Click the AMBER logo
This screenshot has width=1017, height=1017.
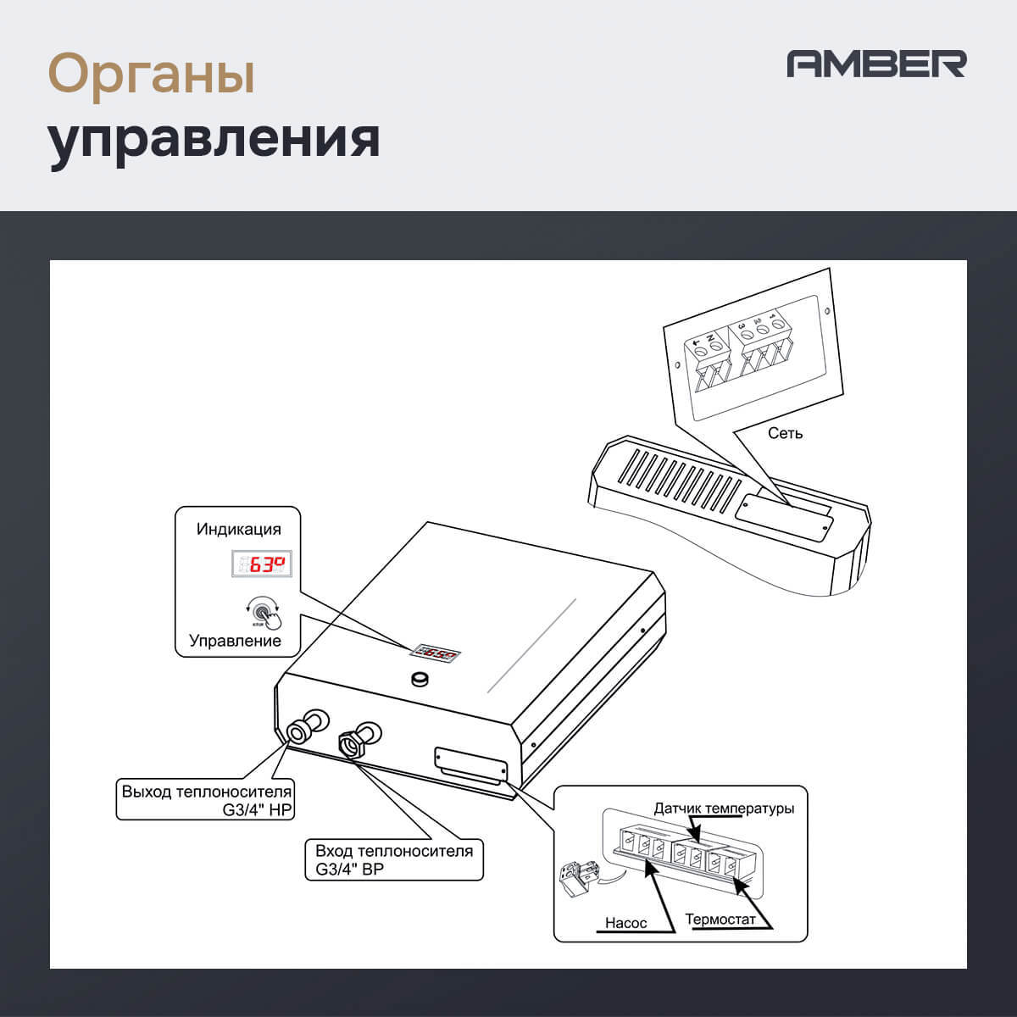click(x=876, y=64)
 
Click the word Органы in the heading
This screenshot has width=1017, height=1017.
click(x=152, y=74)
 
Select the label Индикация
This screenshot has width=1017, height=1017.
click(x=238, y=529)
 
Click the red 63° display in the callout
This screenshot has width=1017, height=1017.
click(x=263, y=563)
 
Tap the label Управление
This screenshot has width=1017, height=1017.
click(x=235, y=641)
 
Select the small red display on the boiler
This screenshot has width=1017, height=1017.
click(x=436, y=653)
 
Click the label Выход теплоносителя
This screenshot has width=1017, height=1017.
click(x=206, y=792)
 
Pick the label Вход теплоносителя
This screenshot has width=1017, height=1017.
click(x=394, y=851)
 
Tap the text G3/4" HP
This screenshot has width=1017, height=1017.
click(x=257, y=810)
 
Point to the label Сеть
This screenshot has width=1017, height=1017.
click(x=785, y=433)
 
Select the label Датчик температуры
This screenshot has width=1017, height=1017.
click(x=724, y=809)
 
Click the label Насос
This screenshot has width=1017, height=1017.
click(x=625, y=923)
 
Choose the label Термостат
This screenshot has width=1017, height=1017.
click(x=720, y=920)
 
